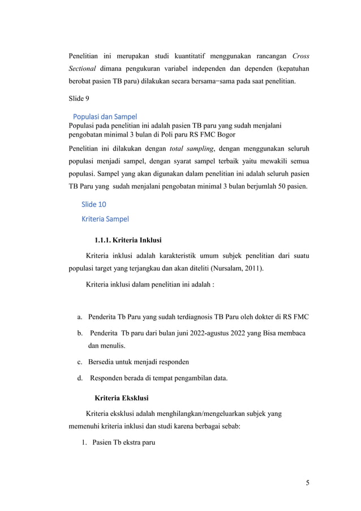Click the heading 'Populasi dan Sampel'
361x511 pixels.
[105, 117]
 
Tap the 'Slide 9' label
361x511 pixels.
[78, 99]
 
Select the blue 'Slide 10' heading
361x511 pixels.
[94, 205]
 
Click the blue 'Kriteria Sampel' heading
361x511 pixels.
[105, 218]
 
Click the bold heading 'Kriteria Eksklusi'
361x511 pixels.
[122, 398]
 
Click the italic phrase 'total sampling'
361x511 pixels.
[190, 148]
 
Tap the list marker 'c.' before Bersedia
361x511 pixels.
[80, 361]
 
